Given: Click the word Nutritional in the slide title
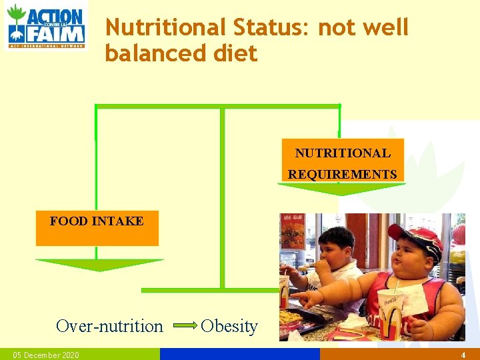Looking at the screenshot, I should coord(166,27).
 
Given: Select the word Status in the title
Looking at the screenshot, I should coord(271,27).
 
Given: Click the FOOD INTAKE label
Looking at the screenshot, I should coord(97,221).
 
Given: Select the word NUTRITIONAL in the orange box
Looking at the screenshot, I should coord(343,153).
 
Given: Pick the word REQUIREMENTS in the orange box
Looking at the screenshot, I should coord(343,174).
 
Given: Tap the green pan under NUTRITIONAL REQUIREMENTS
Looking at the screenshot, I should coord(341,189).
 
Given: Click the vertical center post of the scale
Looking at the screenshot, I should coord(222,200).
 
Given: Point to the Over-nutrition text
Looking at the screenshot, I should coord(109,326).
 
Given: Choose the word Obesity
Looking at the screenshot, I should coord(229,326).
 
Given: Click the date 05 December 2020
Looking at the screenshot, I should coord(46,355).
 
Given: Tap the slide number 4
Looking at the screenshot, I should coord(463,355).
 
